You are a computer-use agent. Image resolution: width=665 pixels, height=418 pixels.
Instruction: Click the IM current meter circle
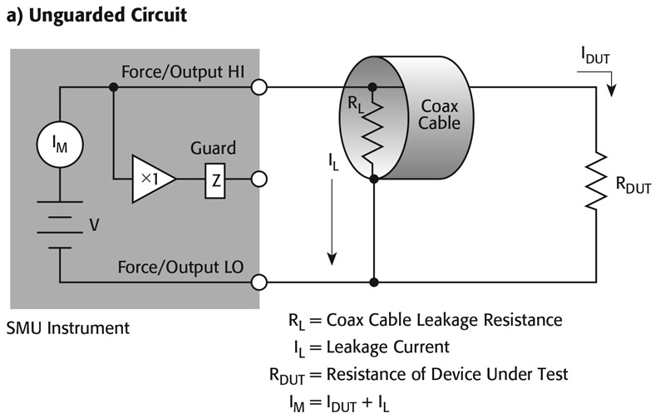pyautogui.click(x=60, y=146)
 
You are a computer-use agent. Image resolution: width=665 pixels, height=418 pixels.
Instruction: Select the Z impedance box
pyautogui.click(x=215, y=179)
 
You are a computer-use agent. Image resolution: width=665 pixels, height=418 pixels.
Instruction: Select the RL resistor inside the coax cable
pyautogui.click(x=375, y=133)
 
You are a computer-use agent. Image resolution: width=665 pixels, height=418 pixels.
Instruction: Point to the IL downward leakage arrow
pyautogui.click(x=332, y=220)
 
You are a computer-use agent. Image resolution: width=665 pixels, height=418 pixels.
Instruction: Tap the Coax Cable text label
pyautogui.click(x=439, y=116)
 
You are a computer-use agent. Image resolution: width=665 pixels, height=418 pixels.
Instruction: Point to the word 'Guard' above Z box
pyautogui.click(x=213, y=149)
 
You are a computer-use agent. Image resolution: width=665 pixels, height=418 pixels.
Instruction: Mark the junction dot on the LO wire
pyautogui.click(x=375, y=282)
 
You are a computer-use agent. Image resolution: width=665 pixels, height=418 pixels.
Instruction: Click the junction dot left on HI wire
pyautogui.click(x=113, y=86)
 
